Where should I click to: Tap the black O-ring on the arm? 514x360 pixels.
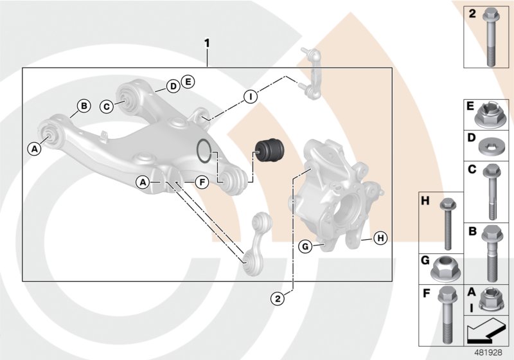point(204,150)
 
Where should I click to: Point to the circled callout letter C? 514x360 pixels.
point(107,106)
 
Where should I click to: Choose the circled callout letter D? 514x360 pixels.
point(173,86)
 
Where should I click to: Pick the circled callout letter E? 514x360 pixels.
point(188,81)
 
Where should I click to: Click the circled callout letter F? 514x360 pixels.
point(201,183)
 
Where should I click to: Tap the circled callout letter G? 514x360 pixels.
point(305,246)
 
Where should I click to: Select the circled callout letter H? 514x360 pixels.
point(380,239)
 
